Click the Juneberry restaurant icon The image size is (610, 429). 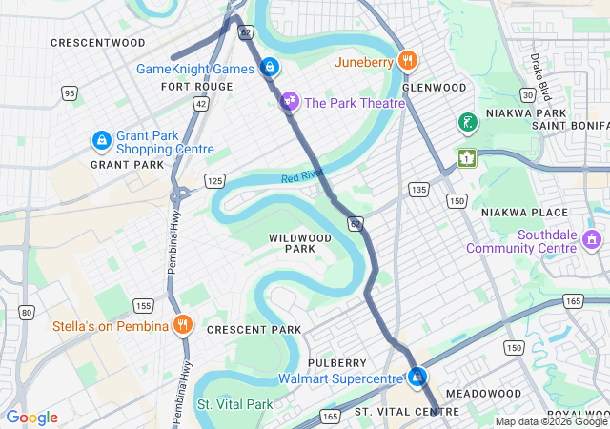[x=408, y=62]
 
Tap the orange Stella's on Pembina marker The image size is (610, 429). [x=183, y=326]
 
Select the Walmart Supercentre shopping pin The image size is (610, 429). [x=417, y=378]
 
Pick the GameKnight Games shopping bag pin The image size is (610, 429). [x=270, y=68]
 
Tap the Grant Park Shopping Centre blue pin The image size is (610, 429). [x=101, y=142]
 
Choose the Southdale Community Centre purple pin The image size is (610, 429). [x=592, y=238]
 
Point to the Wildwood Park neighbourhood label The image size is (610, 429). [x=299, y=243]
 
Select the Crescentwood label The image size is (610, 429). [x=97, y=43]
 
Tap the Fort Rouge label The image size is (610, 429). [x=196, y=87]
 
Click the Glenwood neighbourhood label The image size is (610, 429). [x=435, y=87]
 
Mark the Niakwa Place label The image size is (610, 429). [x=523, y=212]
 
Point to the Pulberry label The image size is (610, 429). [x=336, y=363]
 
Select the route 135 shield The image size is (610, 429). [x=417, y=190]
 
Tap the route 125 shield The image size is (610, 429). [x=213, y=180]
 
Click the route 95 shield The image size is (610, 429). [x=70, y=92]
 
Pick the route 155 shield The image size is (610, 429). [x=143, y=305]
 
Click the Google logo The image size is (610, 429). [x=32, y=418]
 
